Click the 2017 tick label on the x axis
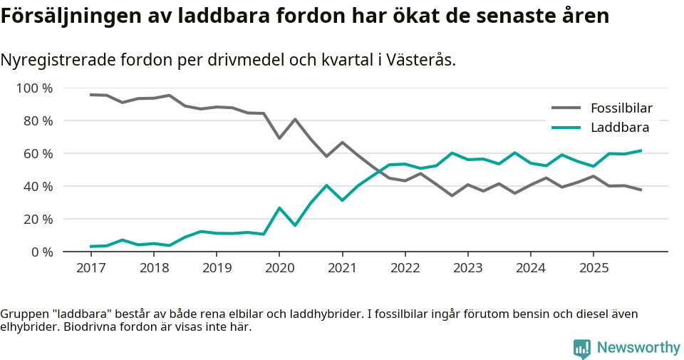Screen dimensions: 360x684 pyautogui.click(x=90, y=268)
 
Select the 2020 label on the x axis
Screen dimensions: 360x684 pyautogui.click(x=279, y=268)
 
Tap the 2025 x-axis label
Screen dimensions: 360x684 pyautogui.click(x=594, y=268)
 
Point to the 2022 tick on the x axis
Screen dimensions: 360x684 pyautogui.click(x=405, y=268)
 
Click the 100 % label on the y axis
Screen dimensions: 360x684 pyautogui.click(x=35, y=88)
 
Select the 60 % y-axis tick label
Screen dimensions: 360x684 pyautogui.click(x=38, y=154)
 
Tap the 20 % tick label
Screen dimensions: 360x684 pyautogui.click(x=38, y=219)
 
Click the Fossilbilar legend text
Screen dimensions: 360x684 pyautogui.click(x=621, y=108)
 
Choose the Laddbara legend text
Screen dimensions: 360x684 pyautogui.click(x=620, y=128)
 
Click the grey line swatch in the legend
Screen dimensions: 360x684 pyautogui.click(x=566, y=108)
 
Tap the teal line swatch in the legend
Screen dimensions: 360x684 pyautogui.click(x=566, y=128)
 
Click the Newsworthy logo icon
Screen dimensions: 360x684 pyautogui.click(x=582, y=348)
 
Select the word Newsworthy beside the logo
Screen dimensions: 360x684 pyautogui.click(x=638, y=348)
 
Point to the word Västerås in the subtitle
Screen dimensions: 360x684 pyautogui.click(x=420, y=60)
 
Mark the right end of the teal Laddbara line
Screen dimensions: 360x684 pyautogui.click(x=641, y=150)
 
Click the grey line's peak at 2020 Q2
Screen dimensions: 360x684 pyautogui.click(x=295, y=119)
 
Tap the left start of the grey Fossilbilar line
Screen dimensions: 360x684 pyautogui.click(x=90, y=95)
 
